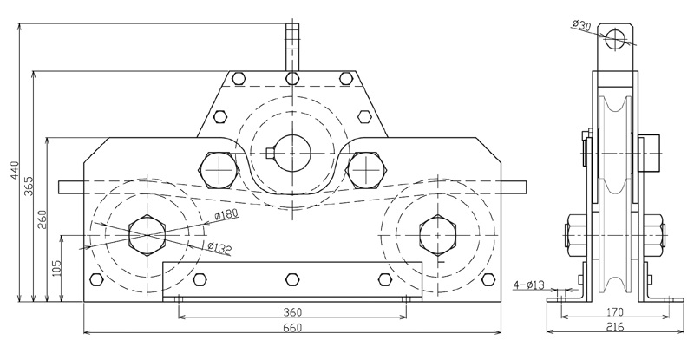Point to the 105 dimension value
pyautogui.click(x=56, y=268)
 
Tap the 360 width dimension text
pyautogui.click(x=292, y=312)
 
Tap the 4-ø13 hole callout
pyautogui.click(x=529, y=285)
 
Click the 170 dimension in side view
pyautogui.click(x=615, y=311)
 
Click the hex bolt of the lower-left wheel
pyautogui.click(x=148, y=233)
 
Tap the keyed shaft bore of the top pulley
pyautogui.click(x=292, y=147)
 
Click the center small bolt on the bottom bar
pyautogui.click(x=292, y=279)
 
